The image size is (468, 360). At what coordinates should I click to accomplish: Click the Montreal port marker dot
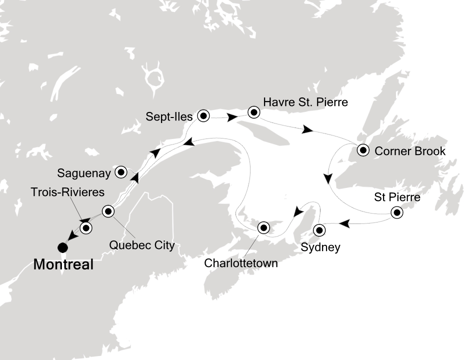click(62, 247)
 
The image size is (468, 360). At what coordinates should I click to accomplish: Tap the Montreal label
click(63, 265)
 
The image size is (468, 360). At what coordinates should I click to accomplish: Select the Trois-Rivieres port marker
click(86, 228)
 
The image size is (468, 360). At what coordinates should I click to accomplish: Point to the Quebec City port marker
click(108, 211)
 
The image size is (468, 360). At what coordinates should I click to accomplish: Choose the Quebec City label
click(143, 245)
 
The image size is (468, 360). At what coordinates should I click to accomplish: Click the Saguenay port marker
click(121, 172)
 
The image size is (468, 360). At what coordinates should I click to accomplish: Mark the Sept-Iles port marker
click(203, 116)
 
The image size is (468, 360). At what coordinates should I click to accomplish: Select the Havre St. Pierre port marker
click(254, 112)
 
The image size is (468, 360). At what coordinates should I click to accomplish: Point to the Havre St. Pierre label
click(305, 102)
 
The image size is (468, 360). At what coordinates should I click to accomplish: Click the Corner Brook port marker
click(362, 149)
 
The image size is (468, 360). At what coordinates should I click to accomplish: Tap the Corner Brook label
click(409, 150)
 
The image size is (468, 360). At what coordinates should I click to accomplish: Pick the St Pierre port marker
click(397, 213)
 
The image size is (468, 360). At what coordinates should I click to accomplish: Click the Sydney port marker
click(318, 230)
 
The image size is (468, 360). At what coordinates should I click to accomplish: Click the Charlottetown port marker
click(263, 228)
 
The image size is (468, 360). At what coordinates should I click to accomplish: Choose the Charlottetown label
click(240, 263)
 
